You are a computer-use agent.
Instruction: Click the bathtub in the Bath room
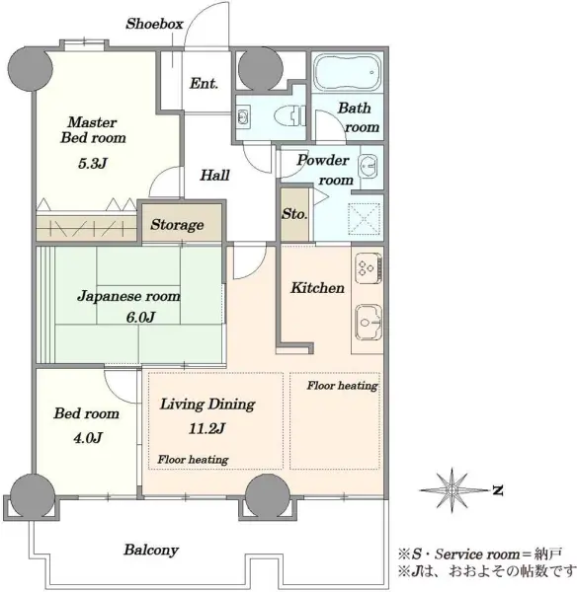point(347,73)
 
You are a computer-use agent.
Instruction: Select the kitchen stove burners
point(368,267)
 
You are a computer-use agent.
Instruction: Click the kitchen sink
point(369,322)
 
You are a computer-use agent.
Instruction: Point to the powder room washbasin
point(369,166)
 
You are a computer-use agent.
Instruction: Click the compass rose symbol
point(453,489)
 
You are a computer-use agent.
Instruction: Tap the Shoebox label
point(154,24)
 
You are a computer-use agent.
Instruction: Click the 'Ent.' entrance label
point(204,83)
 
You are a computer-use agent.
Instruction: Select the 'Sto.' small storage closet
point(294,214)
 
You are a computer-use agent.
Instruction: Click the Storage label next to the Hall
point(177,225)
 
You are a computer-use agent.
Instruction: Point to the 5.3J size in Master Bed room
point(93,163)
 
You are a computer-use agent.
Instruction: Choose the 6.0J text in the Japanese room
point(140,317)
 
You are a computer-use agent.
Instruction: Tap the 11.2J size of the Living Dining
point(206,428)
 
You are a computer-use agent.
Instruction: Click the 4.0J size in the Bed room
point(87,437)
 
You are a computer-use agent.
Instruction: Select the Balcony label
point(151,550)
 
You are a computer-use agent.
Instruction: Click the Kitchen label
point(317,288)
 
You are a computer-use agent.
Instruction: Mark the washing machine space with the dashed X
point(364,219)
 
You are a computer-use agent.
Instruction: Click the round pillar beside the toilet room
point(261,69)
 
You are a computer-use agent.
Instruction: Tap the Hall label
point(214,175)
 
